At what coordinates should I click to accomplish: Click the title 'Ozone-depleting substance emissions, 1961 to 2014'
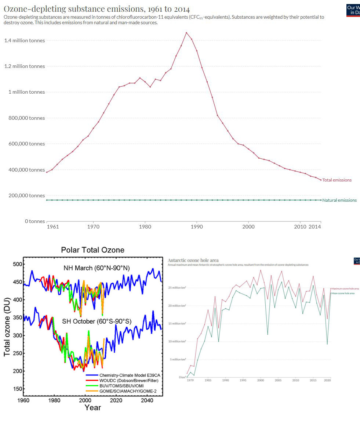pos(97,9)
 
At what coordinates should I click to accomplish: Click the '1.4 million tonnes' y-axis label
pos(25,40)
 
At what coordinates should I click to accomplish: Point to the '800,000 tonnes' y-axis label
pos(27,118)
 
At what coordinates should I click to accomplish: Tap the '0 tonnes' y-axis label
pos(35,221)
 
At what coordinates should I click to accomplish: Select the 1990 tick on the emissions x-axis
pos(197,227)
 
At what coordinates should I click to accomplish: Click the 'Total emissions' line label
pos(337,180)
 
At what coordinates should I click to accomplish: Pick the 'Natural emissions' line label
pos(339,200)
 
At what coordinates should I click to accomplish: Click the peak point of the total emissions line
pos(186,32)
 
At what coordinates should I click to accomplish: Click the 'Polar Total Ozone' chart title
pos(92,250)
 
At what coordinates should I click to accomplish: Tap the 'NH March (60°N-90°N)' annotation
pos(97,268)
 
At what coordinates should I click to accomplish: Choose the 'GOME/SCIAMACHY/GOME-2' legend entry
pos(128,391)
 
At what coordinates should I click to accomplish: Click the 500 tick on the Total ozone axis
pos(17,264)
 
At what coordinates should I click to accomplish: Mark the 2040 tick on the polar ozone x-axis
pos(147,400)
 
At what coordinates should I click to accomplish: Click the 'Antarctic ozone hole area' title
pos(193,260)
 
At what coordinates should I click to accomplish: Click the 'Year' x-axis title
pos(92,407)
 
